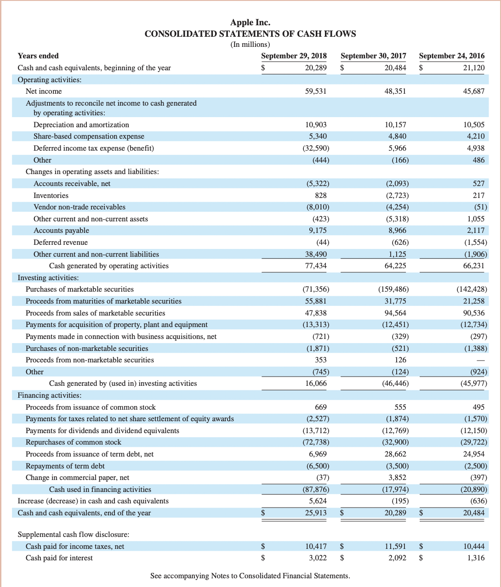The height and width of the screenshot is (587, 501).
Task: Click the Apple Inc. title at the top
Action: (x=250, y=22)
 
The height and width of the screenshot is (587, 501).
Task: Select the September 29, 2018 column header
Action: (x=294, y=56)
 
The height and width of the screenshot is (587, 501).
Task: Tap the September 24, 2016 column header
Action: (x=451, y=56)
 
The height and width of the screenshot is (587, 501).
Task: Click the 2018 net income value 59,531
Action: (x=316, y=91)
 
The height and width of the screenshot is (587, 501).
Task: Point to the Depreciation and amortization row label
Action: (x=81, y=125)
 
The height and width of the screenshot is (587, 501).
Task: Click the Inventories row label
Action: (x=51, y=196)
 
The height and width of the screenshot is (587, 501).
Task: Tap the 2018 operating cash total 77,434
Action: (x=316, y=266)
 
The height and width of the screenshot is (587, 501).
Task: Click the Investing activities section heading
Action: (x=48, y=278)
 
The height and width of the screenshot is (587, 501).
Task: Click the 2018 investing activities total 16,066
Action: (x=316, y=384)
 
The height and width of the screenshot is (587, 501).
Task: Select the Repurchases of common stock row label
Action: (x=74, y=442)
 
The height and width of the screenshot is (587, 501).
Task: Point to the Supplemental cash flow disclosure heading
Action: (x=73, y=535)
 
